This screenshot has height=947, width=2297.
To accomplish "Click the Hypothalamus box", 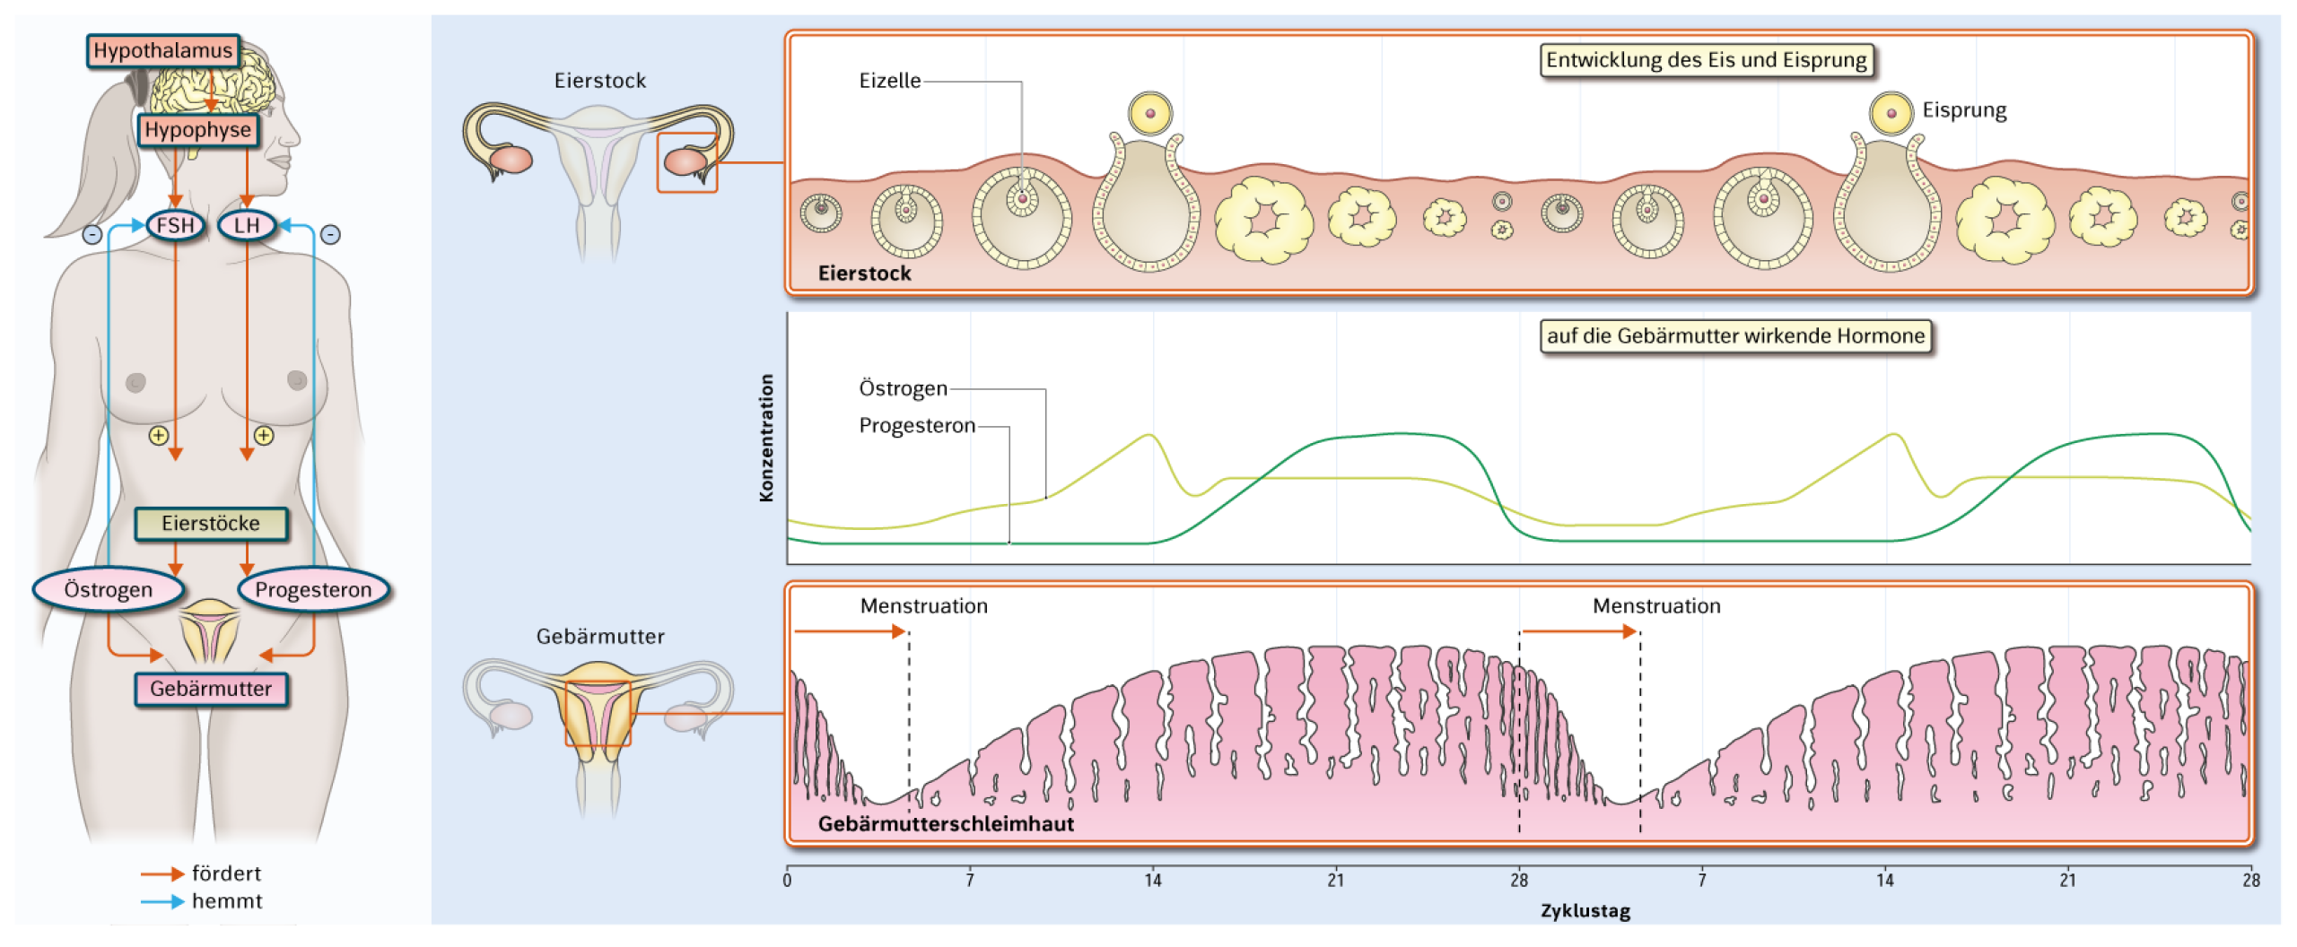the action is [x=163, y=50].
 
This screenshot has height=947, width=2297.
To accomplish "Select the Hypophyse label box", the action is [x=197, y=129].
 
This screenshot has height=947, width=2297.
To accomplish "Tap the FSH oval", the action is [x=175, y=225].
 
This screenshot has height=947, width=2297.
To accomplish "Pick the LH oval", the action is [x=247, y=225].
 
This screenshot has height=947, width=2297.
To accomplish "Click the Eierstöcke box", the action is [x=211, y=524].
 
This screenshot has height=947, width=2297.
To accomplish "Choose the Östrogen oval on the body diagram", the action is [x=109, y=589].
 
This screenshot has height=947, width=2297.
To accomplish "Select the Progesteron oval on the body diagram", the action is [x=313, y=589].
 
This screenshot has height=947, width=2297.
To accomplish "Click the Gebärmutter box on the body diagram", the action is [x=211, y=689].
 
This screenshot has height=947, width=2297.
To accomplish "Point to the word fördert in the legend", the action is [x=226, y=873].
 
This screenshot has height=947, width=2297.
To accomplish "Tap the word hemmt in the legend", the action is [x=227, y=901].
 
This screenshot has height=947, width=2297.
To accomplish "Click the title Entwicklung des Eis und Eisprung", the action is [x=1707, y=60].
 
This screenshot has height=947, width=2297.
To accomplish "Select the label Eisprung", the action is [x=1964, y=110].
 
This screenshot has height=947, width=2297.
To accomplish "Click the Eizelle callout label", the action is [x=889, y=81].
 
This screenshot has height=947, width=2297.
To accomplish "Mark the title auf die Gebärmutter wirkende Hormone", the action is [x=1735, y=336].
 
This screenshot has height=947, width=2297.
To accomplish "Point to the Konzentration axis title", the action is [x=766, y=438].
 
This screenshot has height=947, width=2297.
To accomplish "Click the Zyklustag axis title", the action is [x=1585, y=911].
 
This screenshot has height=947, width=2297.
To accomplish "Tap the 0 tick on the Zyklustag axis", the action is [x=787, y=880].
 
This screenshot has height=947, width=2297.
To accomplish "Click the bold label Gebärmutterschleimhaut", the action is [x=946, y=823].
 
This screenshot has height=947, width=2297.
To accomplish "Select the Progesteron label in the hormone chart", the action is [x=917, y=425].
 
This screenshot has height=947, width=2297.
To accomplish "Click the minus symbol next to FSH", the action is [x=92, y=235].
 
